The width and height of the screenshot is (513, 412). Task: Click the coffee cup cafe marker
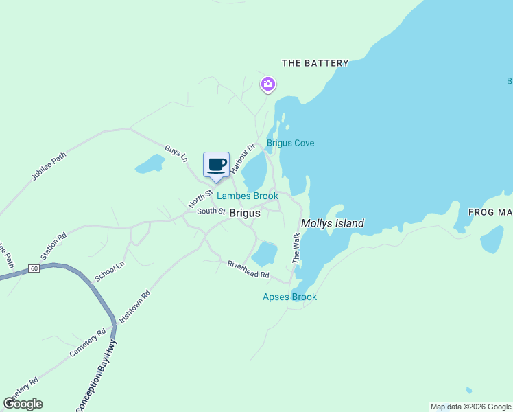[216, 165]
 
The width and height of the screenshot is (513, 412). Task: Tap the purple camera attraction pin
[268, 84]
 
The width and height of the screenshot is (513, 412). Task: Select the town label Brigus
[245, 213]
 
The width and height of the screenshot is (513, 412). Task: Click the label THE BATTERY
[315, 63]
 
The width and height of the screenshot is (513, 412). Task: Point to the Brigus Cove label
[291, 143]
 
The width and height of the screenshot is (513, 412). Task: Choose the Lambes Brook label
[248, 196]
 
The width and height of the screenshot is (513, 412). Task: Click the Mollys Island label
[333, 223]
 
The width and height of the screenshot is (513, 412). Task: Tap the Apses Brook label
[289, 297]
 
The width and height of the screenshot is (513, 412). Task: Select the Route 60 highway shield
[34, 268]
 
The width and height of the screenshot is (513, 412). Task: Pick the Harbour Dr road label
[242, 157]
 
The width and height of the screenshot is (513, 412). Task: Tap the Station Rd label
[53, 246]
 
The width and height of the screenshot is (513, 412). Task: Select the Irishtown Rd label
[134, 306]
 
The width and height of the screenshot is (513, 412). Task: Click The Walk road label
[296, 248]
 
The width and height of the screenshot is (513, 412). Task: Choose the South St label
[211, 211]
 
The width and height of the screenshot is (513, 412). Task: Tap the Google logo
[23, 404]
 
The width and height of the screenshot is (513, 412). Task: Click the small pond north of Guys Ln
[150, 164]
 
